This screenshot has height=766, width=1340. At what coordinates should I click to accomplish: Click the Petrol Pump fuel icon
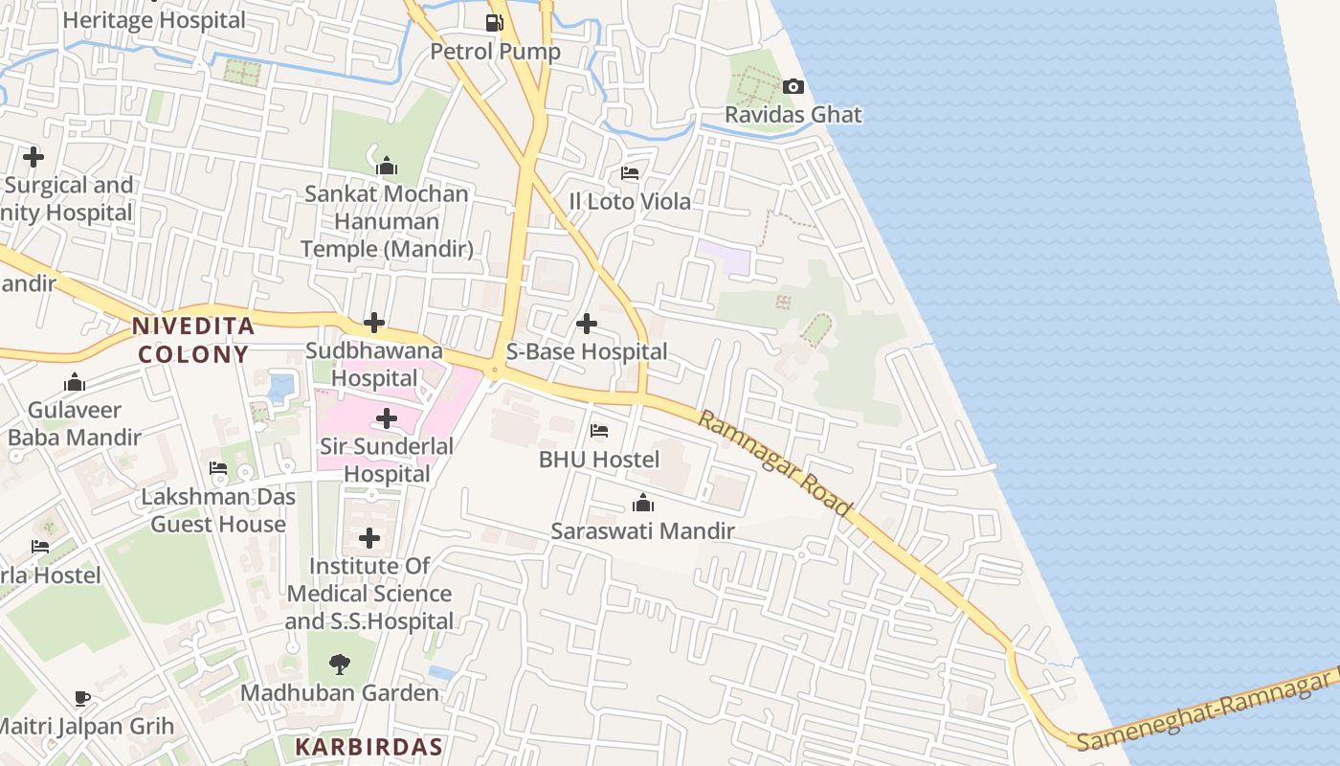tap(494, 22)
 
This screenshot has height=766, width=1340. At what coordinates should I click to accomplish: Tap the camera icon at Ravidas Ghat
tap(793, 87)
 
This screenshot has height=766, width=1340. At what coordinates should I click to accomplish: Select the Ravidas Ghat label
tap(793, 115)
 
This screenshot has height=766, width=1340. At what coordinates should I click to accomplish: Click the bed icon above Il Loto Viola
tap(630, 173)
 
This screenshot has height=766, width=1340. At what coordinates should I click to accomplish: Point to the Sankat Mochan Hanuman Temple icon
tap(387, 166)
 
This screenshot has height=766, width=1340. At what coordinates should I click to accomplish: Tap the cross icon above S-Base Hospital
tap(587, 324)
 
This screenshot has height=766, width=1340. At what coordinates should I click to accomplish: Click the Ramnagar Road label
tap(774, 462)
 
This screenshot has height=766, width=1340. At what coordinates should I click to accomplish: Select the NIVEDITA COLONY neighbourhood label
tap(194, 340)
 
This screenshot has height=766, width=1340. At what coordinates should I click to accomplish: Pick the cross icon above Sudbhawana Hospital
tap(374, 323)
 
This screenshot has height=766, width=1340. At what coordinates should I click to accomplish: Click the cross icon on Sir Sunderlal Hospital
tap(387, 418)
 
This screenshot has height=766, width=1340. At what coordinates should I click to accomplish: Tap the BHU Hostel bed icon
tap(599, 431)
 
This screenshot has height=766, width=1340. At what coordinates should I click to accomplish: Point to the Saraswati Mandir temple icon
tap(643, 503)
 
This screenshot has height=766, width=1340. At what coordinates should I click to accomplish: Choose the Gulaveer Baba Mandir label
tap(75, 423)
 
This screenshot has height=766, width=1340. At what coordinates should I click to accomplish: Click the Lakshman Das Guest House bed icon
tap(218, 468)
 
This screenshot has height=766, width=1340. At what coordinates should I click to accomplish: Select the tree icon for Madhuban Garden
tap(339, 664)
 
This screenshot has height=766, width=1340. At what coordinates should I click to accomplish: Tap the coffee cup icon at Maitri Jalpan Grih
tap(82, 698)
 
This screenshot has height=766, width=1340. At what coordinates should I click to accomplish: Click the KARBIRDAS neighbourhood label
tap(368, 747)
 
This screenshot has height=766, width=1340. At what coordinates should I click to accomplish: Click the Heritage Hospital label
tap(154, 20)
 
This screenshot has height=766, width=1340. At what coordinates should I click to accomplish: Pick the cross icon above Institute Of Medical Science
tap(369, 538)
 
